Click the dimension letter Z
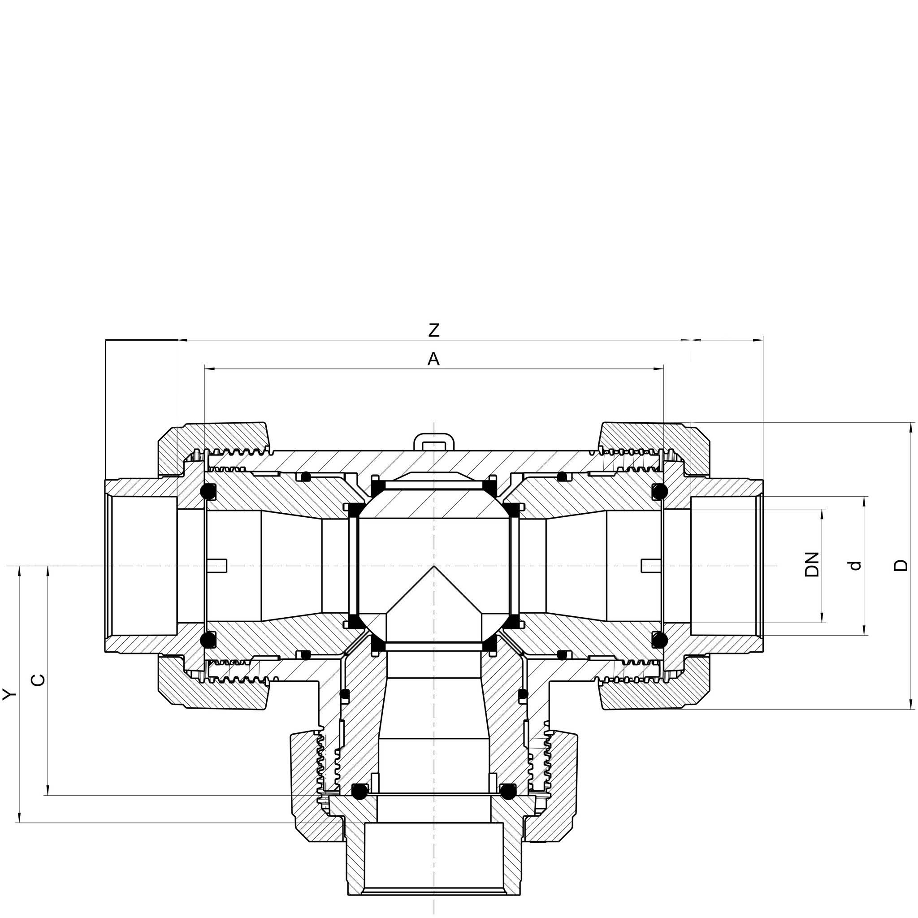434,330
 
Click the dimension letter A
433,359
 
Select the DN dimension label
812,564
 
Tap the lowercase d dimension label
855,565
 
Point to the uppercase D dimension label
901,565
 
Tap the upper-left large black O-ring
208,492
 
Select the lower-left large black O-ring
208,640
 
